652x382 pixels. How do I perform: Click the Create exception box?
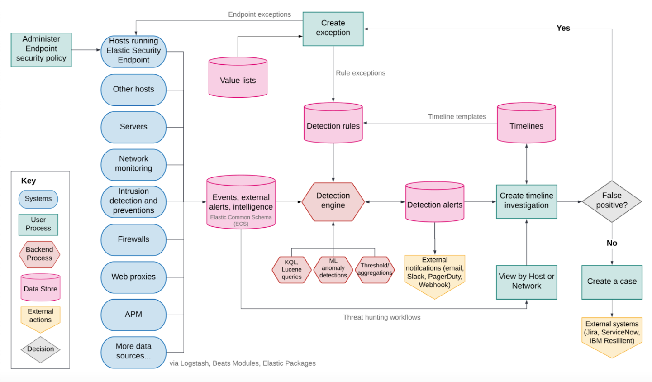(333, 29)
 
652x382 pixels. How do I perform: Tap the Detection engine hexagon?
(333, 201)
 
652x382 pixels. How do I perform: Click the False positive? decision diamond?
(611, 201)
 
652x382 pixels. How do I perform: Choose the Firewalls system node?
(133, 239)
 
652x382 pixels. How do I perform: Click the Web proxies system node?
(133, 277)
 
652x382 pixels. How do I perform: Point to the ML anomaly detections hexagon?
(333, 269)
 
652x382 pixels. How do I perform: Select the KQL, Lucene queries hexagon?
(291, 270)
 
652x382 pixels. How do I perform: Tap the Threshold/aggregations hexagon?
(375, 270)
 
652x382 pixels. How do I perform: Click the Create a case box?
(612, 282)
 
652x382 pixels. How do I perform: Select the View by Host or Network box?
(526, 282)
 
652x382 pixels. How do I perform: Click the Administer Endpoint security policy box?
(41, 49)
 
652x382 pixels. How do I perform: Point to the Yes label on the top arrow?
(563, 28)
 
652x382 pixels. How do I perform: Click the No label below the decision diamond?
(612, 243)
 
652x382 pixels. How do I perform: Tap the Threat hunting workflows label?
(381, 317)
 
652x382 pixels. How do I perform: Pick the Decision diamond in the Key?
(40, 349)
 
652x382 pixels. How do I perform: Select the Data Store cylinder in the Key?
(40, 288)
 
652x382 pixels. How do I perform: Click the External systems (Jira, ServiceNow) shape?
(612, 335)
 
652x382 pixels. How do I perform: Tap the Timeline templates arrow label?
(457, 117)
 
